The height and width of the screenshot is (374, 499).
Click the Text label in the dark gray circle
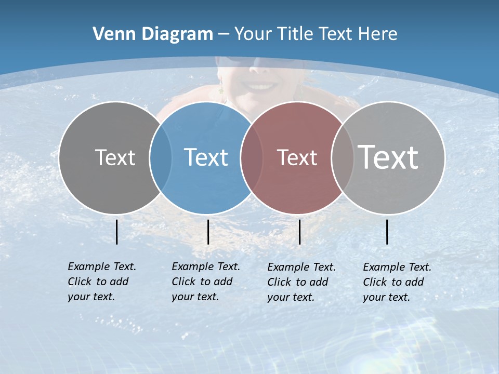tap(115, 157)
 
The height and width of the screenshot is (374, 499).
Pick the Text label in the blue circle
tap(206, 157)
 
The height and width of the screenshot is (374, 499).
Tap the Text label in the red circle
tap(297, 157)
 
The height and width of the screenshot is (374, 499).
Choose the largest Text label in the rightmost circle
tap(388, 157)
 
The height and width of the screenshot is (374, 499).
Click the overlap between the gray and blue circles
tap(161, 158)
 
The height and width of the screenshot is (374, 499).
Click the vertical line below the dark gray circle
tap(117, 232)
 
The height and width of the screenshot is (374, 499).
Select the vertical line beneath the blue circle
tap(208, 232)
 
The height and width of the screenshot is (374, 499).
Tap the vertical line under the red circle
tap(299, 232)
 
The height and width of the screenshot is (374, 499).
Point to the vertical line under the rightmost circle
tap(387, 232)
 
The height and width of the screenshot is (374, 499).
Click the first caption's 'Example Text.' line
tap(102, 266)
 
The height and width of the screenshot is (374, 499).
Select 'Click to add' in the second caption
tap(202, 282)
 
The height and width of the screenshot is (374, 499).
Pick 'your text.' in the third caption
tap(291, 297)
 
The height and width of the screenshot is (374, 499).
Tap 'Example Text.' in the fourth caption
tap(397, 267)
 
